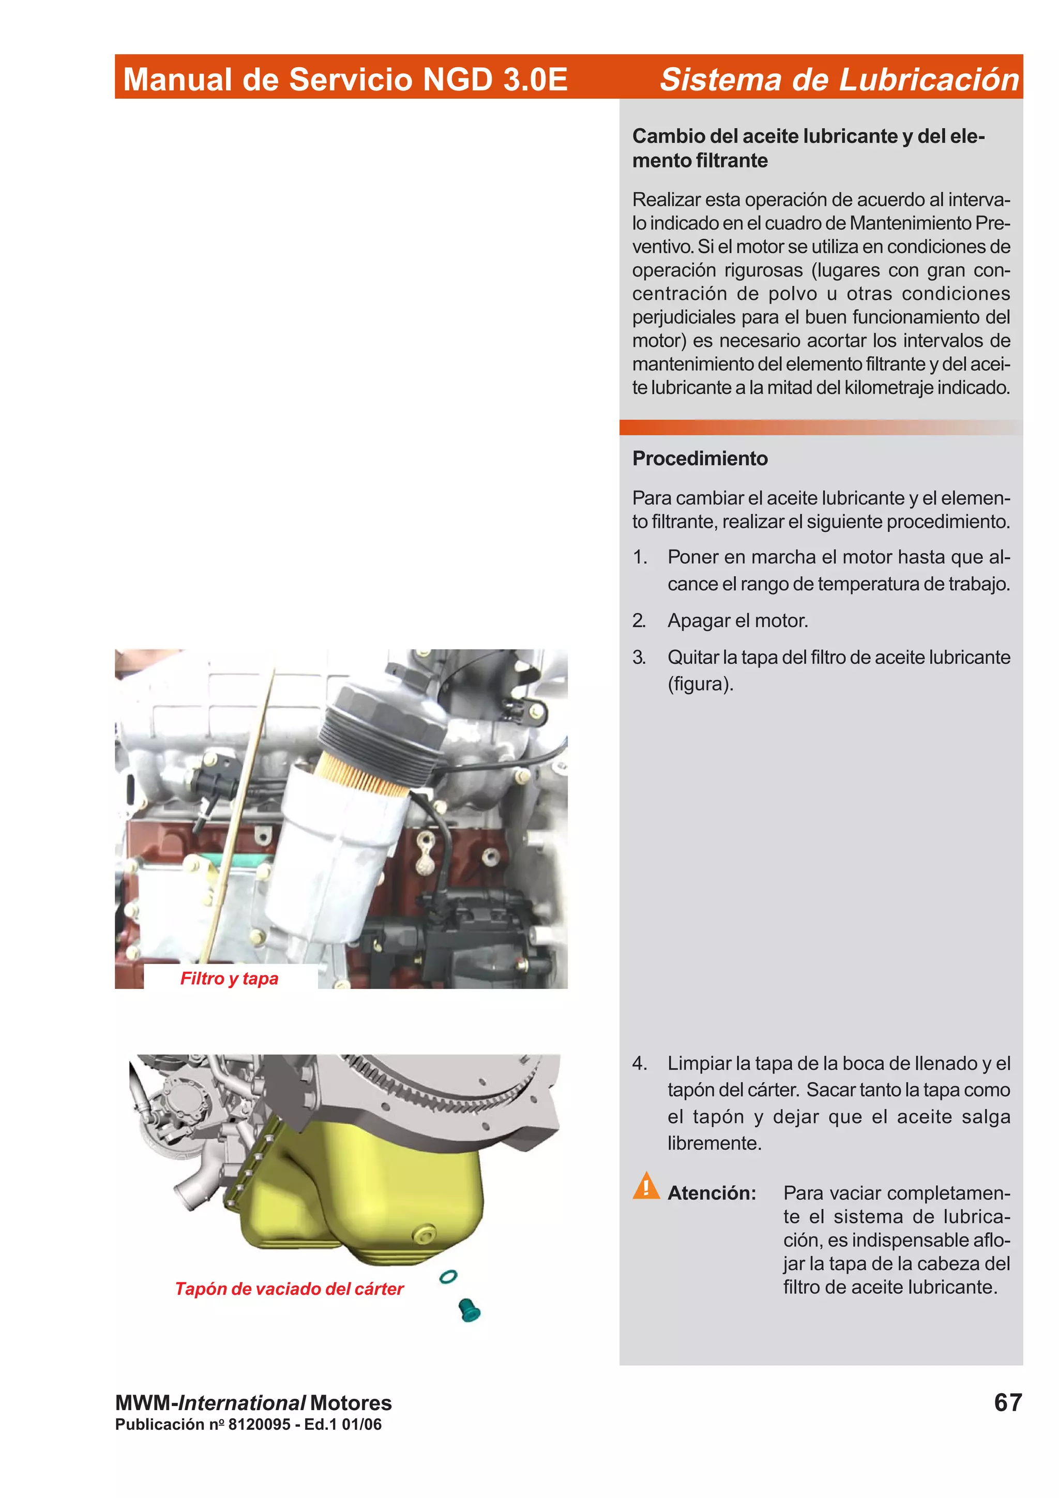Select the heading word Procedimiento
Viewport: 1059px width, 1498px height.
(x=700, y=458)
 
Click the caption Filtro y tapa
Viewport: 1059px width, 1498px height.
(x=229, y=978)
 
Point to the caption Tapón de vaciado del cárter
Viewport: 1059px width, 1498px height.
(x=289, y=1289)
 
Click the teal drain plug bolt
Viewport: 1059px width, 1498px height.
(x=468, y=1309)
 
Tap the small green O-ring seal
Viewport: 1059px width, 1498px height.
(x=448, y=1276)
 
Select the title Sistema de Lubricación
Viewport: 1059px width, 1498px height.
(x=839, y=79)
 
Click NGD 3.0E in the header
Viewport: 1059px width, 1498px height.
(x=495, y=79)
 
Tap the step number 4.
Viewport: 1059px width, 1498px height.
(x=640, y=1063)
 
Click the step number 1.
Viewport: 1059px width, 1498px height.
(x=640, y=557)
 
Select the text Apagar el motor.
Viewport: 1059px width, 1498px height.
(x=737, y=620)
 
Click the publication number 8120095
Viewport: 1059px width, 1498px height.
(x=259, y=1424)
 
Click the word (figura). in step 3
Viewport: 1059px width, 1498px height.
(x=700, y=684)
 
